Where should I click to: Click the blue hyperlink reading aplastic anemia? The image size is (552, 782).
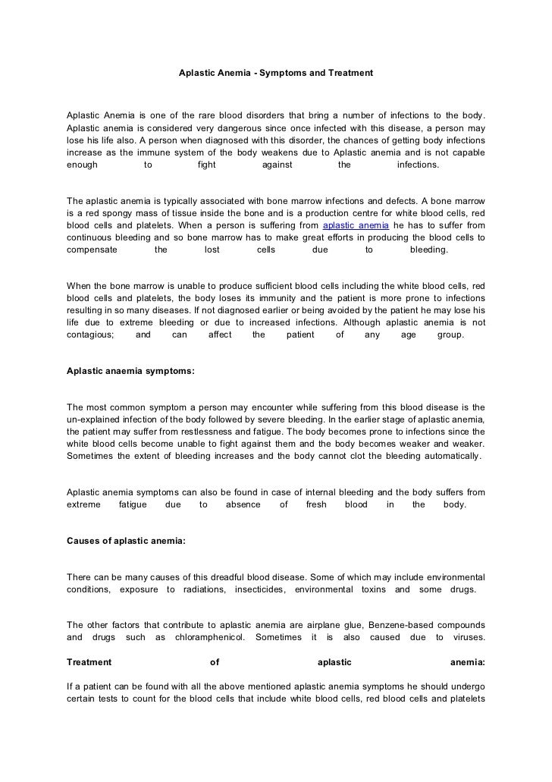tap(356, 226)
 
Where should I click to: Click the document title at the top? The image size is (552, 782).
tap(276, 74)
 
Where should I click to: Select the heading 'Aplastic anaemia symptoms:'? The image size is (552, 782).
tap(130, 372)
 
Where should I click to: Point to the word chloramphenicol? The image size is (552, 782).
tap(210, 638)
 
